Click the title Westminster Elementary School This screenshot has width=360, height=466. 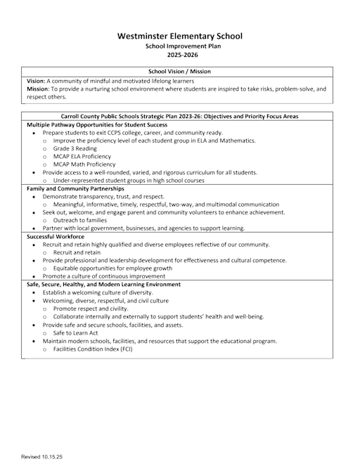coord(179,35)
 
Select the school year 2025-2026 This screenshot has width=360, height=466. coord(179,54)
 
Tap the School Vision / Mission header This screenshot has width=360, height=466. coord(179,72)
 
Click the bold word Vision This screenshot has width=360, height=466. coord(35,82)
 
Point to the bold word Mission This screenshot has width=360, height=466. coord(37,89)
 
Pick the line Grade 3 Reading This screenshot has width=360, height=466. coord(78,148)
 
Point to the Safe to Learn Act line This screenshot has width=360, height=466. coord(79,333)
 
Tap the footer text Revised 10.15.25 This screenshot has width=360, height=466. coord(41,457)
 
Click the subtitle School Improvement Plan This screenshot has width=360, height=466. coord(179,45)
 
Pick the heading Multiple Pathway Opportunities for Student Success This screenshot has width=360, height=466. coord(97,124)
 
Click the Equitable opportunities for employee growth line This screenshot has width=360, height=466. coord(112,268)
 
